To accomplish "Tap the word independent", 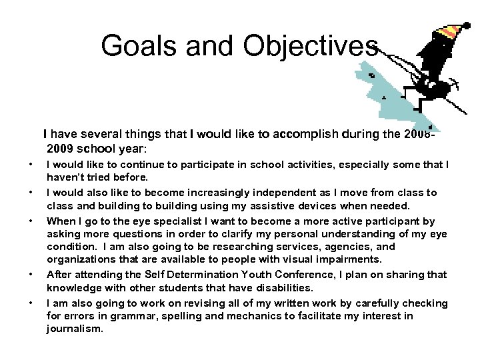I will click(x=262, y=193).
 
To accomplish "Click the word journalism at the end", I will click(x=75, y=329).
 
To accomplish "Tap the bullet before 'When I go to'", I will click(x=30, y=221).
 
